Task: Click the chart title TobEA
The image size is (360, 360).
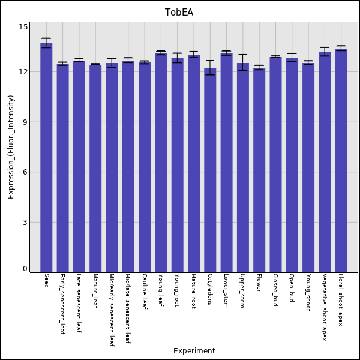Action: click(x=179, y=13)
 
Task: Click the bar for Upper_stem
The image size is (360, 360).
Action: click(x=242, y=167)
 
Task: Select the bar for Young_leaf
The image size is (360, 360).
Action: click(x=161, y=163)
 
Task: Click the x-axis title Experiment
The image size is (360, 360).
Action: click(x=194, y=351)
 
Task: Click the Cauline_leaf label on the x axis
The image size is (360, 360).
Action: click(x=145, y=292)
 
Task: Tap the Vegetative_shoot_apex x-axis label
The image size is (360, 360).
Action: click(x=325, y=307)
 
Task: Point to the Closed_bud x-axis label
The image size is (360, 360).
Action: click(x=275, y=290)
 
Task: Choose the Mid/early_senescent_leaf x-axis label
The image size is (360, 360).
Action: click(x=112, y=311)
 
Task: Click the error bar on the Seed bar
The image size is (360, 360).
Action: click(x=46, y=43)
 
